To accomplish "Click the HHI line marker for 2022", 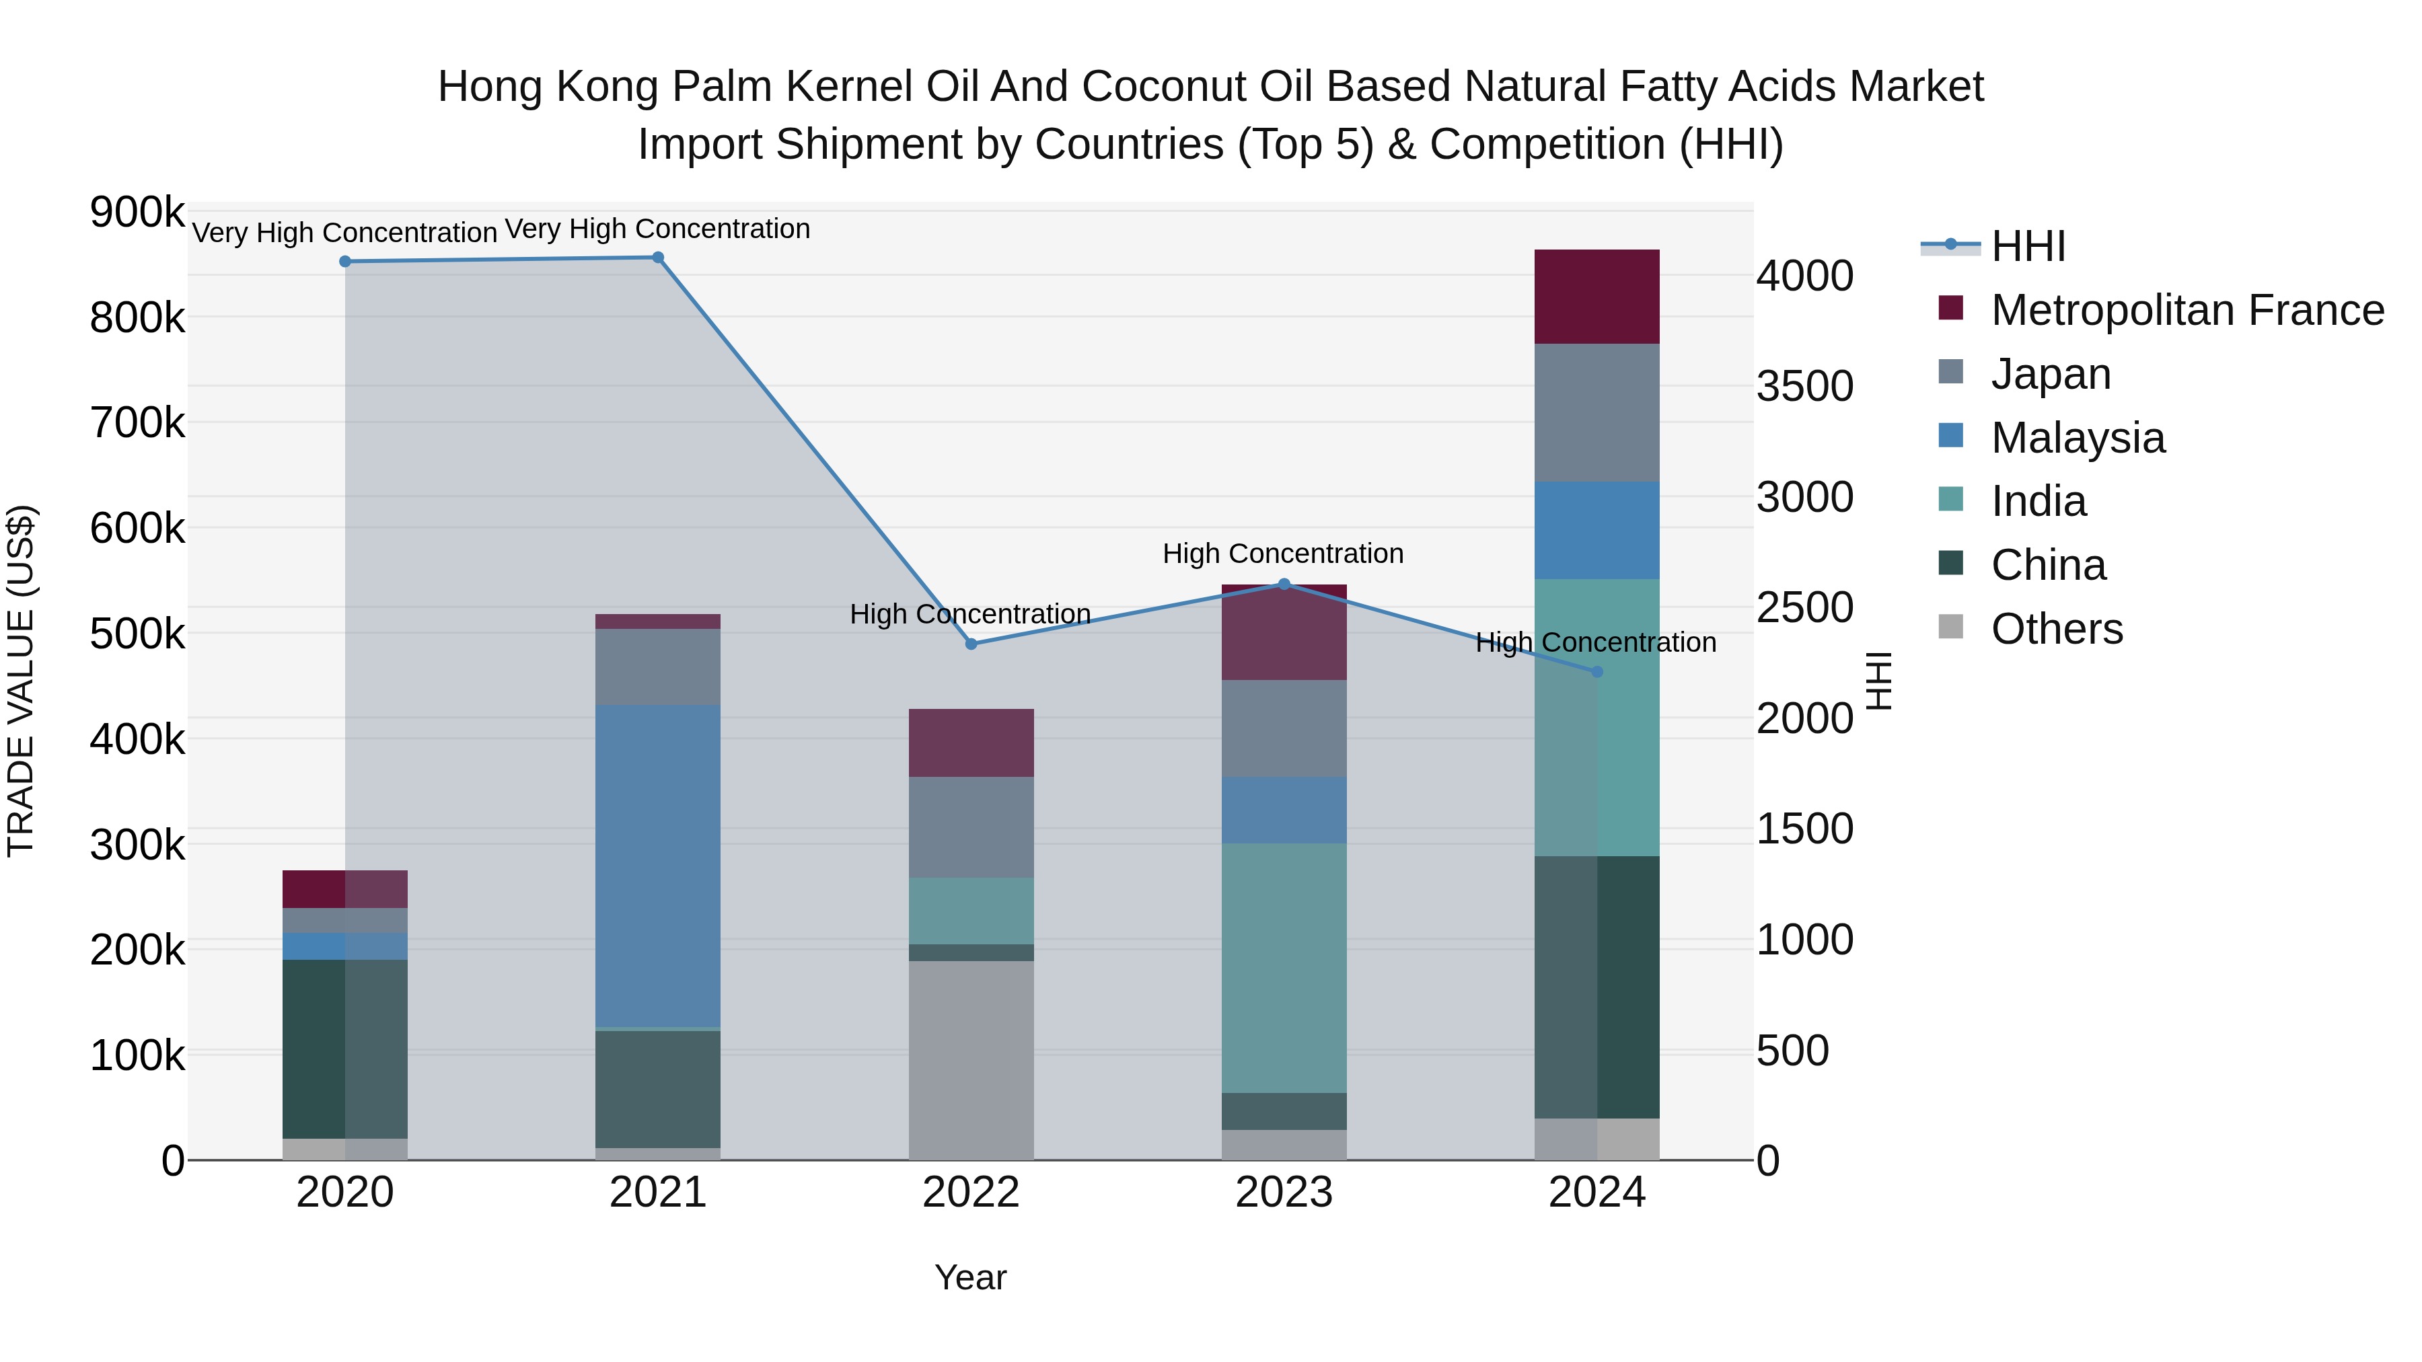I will click(x=971, y=644).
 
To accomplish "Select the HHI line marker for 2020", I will click(x=345, y=262).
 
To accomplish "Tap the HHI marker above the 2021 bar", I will click(x=658, y=258).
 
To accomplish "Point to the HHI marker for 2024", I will click(x=1597, y=672).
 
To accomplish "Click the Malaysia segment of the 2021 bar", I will click(x=658, y=865).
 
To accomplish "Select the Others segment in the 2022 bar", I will click(x=971, y=1059).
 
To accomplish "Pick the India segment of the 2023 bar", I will click(x=1284, y=967).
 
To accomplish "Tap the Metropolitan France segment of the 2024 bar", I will click(x=1597, y=297).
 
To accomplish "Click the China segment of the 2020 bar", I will click(x=345, y=1048).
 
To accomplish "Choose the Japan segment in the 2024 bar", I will click(x=1597, y=413).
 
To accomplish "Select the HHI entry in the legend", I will click(x=2027, y=246).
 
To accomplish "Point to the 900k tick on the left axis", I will click(x=137, y=213).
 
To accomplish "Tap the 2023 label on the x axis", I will click(x=1284, y=1193).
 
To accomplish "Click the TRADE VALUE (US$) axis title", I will click(x=21, y=681).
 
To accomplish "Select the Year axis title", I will click(x=970, y=1277).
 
